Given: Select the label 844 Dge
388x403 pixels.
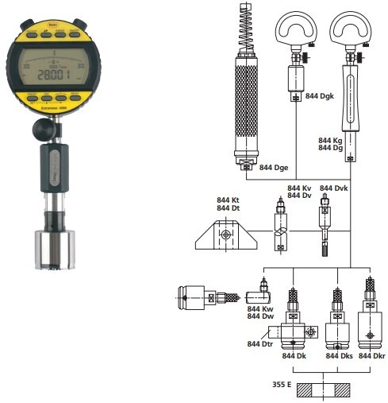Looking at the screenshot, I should click(x=274, y=169).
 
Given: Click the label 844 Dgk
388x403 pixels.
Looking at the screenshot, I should click(x=321, y=97).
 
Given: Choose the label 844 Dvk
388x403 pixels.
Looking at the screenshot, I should click(x=334, y=188).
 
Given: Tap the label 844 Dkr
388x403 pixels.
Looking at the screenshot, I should click(x=372, y=356).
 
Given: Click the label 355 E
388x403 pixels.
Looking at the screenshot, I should click(x=284, y=385).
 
